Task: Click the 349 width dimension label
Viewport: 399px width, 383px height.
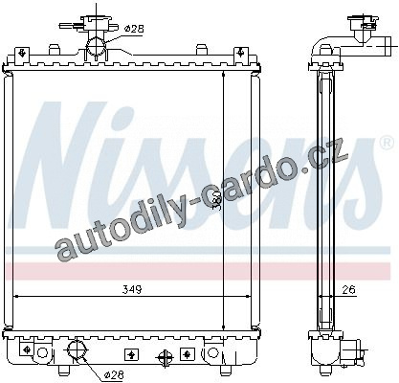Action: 132,289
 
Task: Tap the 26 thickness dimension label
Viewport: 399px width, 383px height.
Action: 348,290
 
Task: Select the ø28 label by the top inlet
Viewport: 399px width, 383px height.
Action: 134,29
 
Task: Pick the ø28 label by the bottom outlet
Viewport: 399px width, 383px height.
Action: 114,374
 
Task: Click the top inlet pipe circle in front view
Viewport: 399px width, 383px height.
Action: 97,46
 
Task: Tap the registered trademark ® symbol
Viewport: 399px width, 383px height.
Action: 387,143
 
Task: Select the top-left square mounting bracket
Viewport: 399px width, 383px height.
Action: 22,53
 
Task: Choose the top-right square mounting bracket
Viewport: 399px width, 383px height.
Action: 241,53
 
